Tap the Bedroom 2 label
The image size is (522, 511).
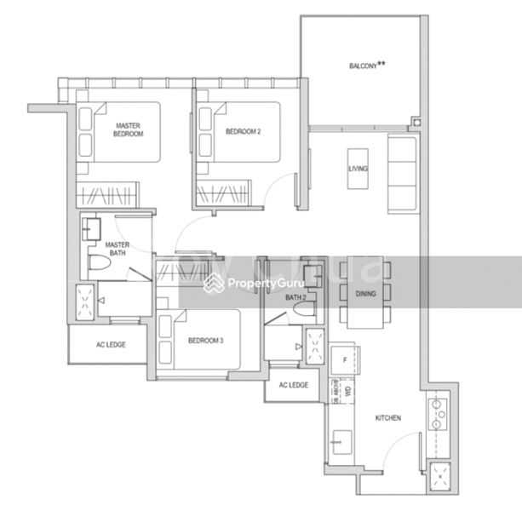pos(243,131)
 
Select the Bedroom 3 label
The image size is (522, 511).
pos(205,341)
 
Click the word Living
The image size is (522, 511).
pos(359,169)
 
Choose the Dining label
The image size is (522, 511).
pos(365,293)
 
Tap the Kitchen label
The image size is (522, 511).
pos(387,418)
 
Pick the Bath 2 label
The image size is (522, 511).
pos(295,297)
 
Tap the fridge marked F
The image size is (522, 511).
pos(343,359)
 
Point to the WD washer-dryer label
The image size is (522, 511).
pos(347,393)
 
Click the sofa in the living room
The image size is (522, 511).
pos(401,174)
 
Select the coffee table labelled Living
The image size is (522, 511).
pos(359,169)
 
